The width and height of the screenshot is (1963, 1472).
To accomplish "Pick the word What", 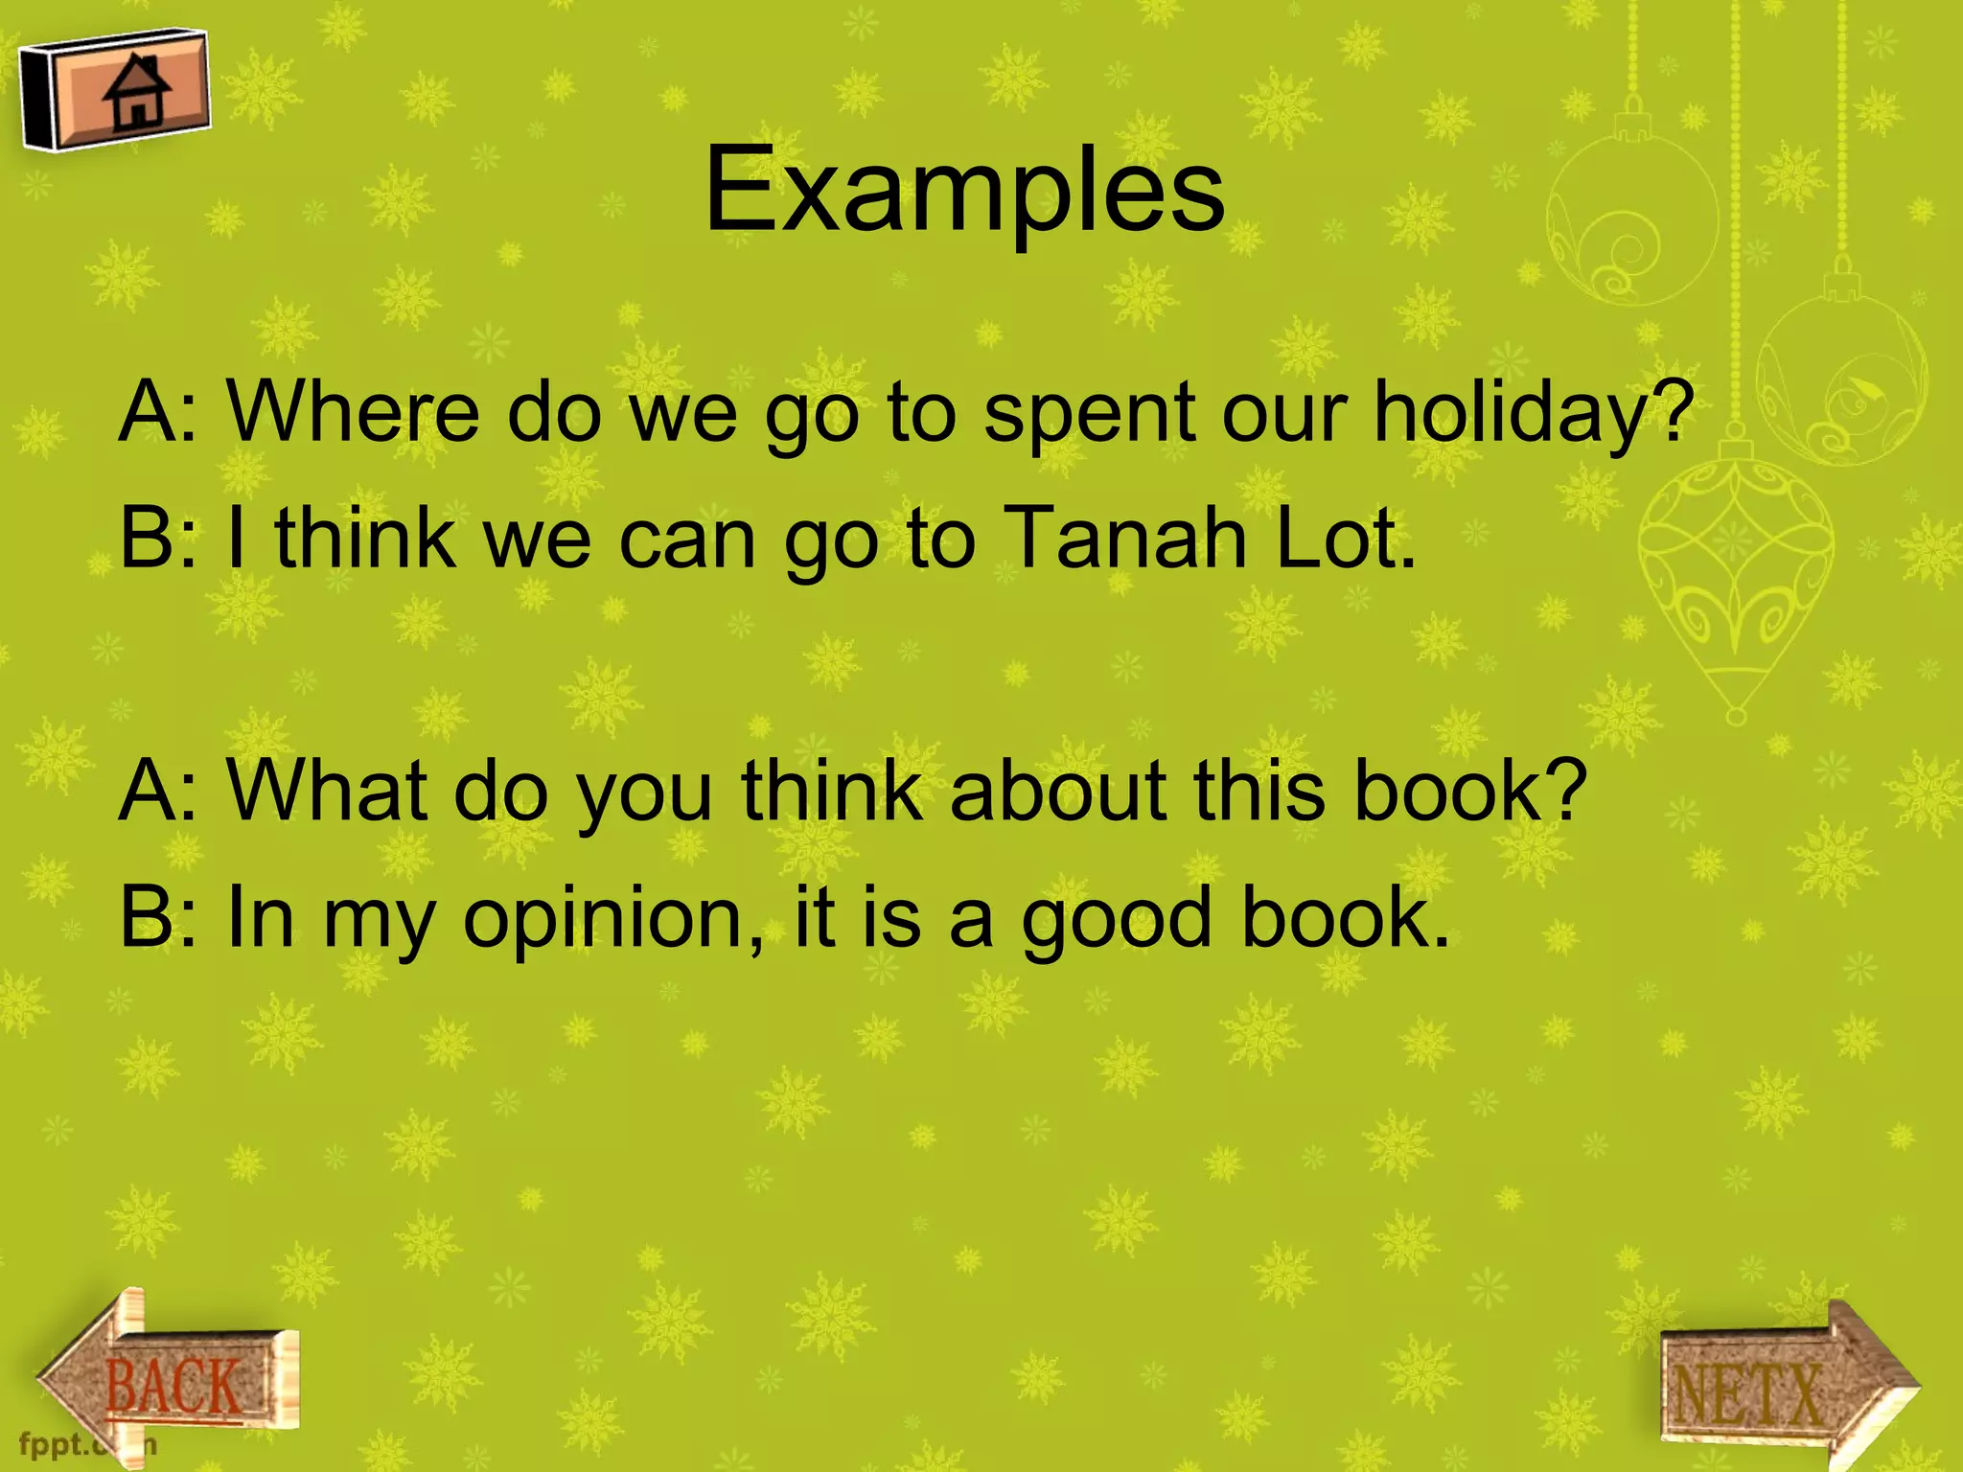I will tap(327, 791).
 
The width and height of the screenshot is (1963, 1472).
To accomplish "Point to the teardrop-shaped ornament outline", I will tap(1736, 575).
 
